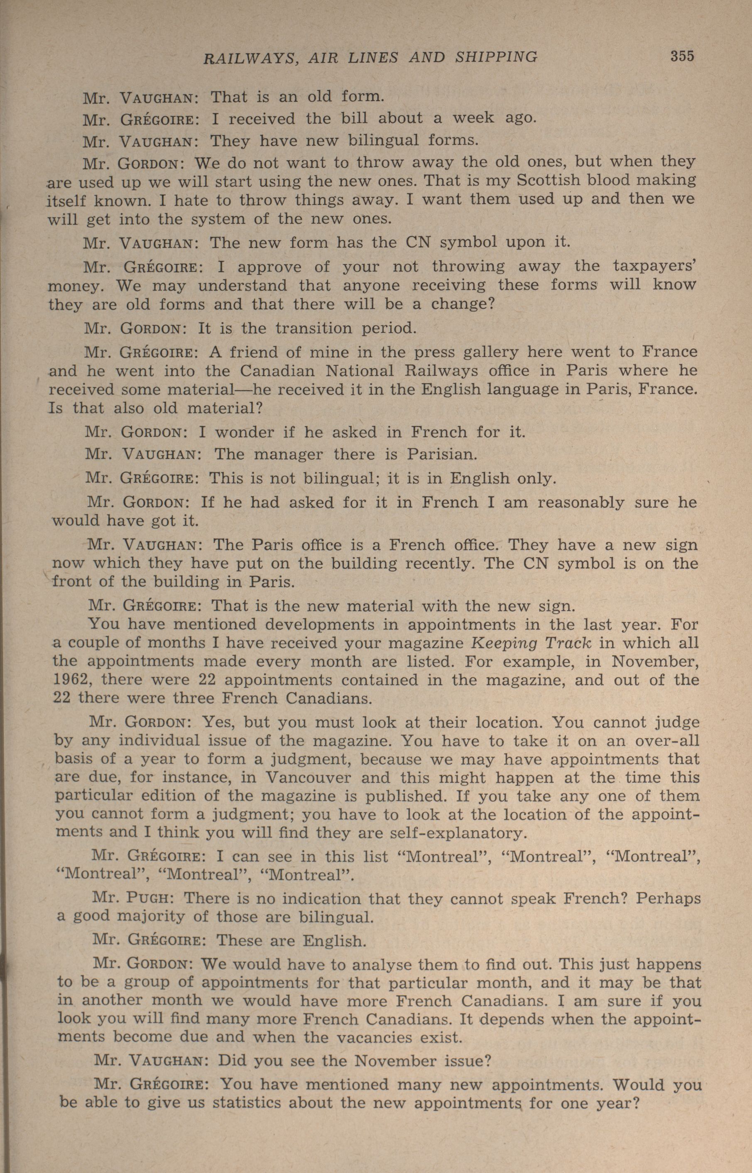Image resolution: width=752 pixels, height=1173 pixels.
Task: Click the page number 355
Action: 682,56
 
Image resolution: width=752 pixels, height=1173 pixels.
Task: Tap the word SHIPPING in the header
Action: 496,58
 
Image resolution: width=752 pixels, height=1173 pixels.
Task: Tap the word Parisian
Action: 441,454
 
